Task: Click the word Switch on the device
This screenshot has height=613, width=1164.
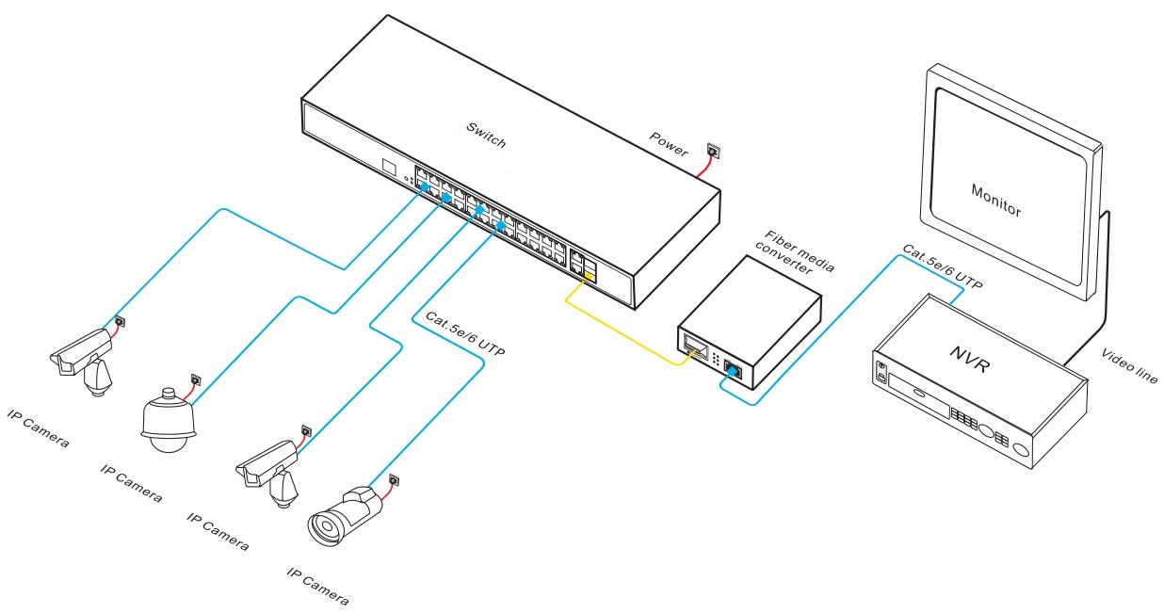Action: click(x=486, y=136)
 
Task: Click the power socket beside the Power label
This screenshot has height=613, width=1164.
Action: click(x=711, y=150)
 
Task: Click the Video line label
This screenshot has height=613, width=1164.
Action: click(x=1129, y=363)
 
